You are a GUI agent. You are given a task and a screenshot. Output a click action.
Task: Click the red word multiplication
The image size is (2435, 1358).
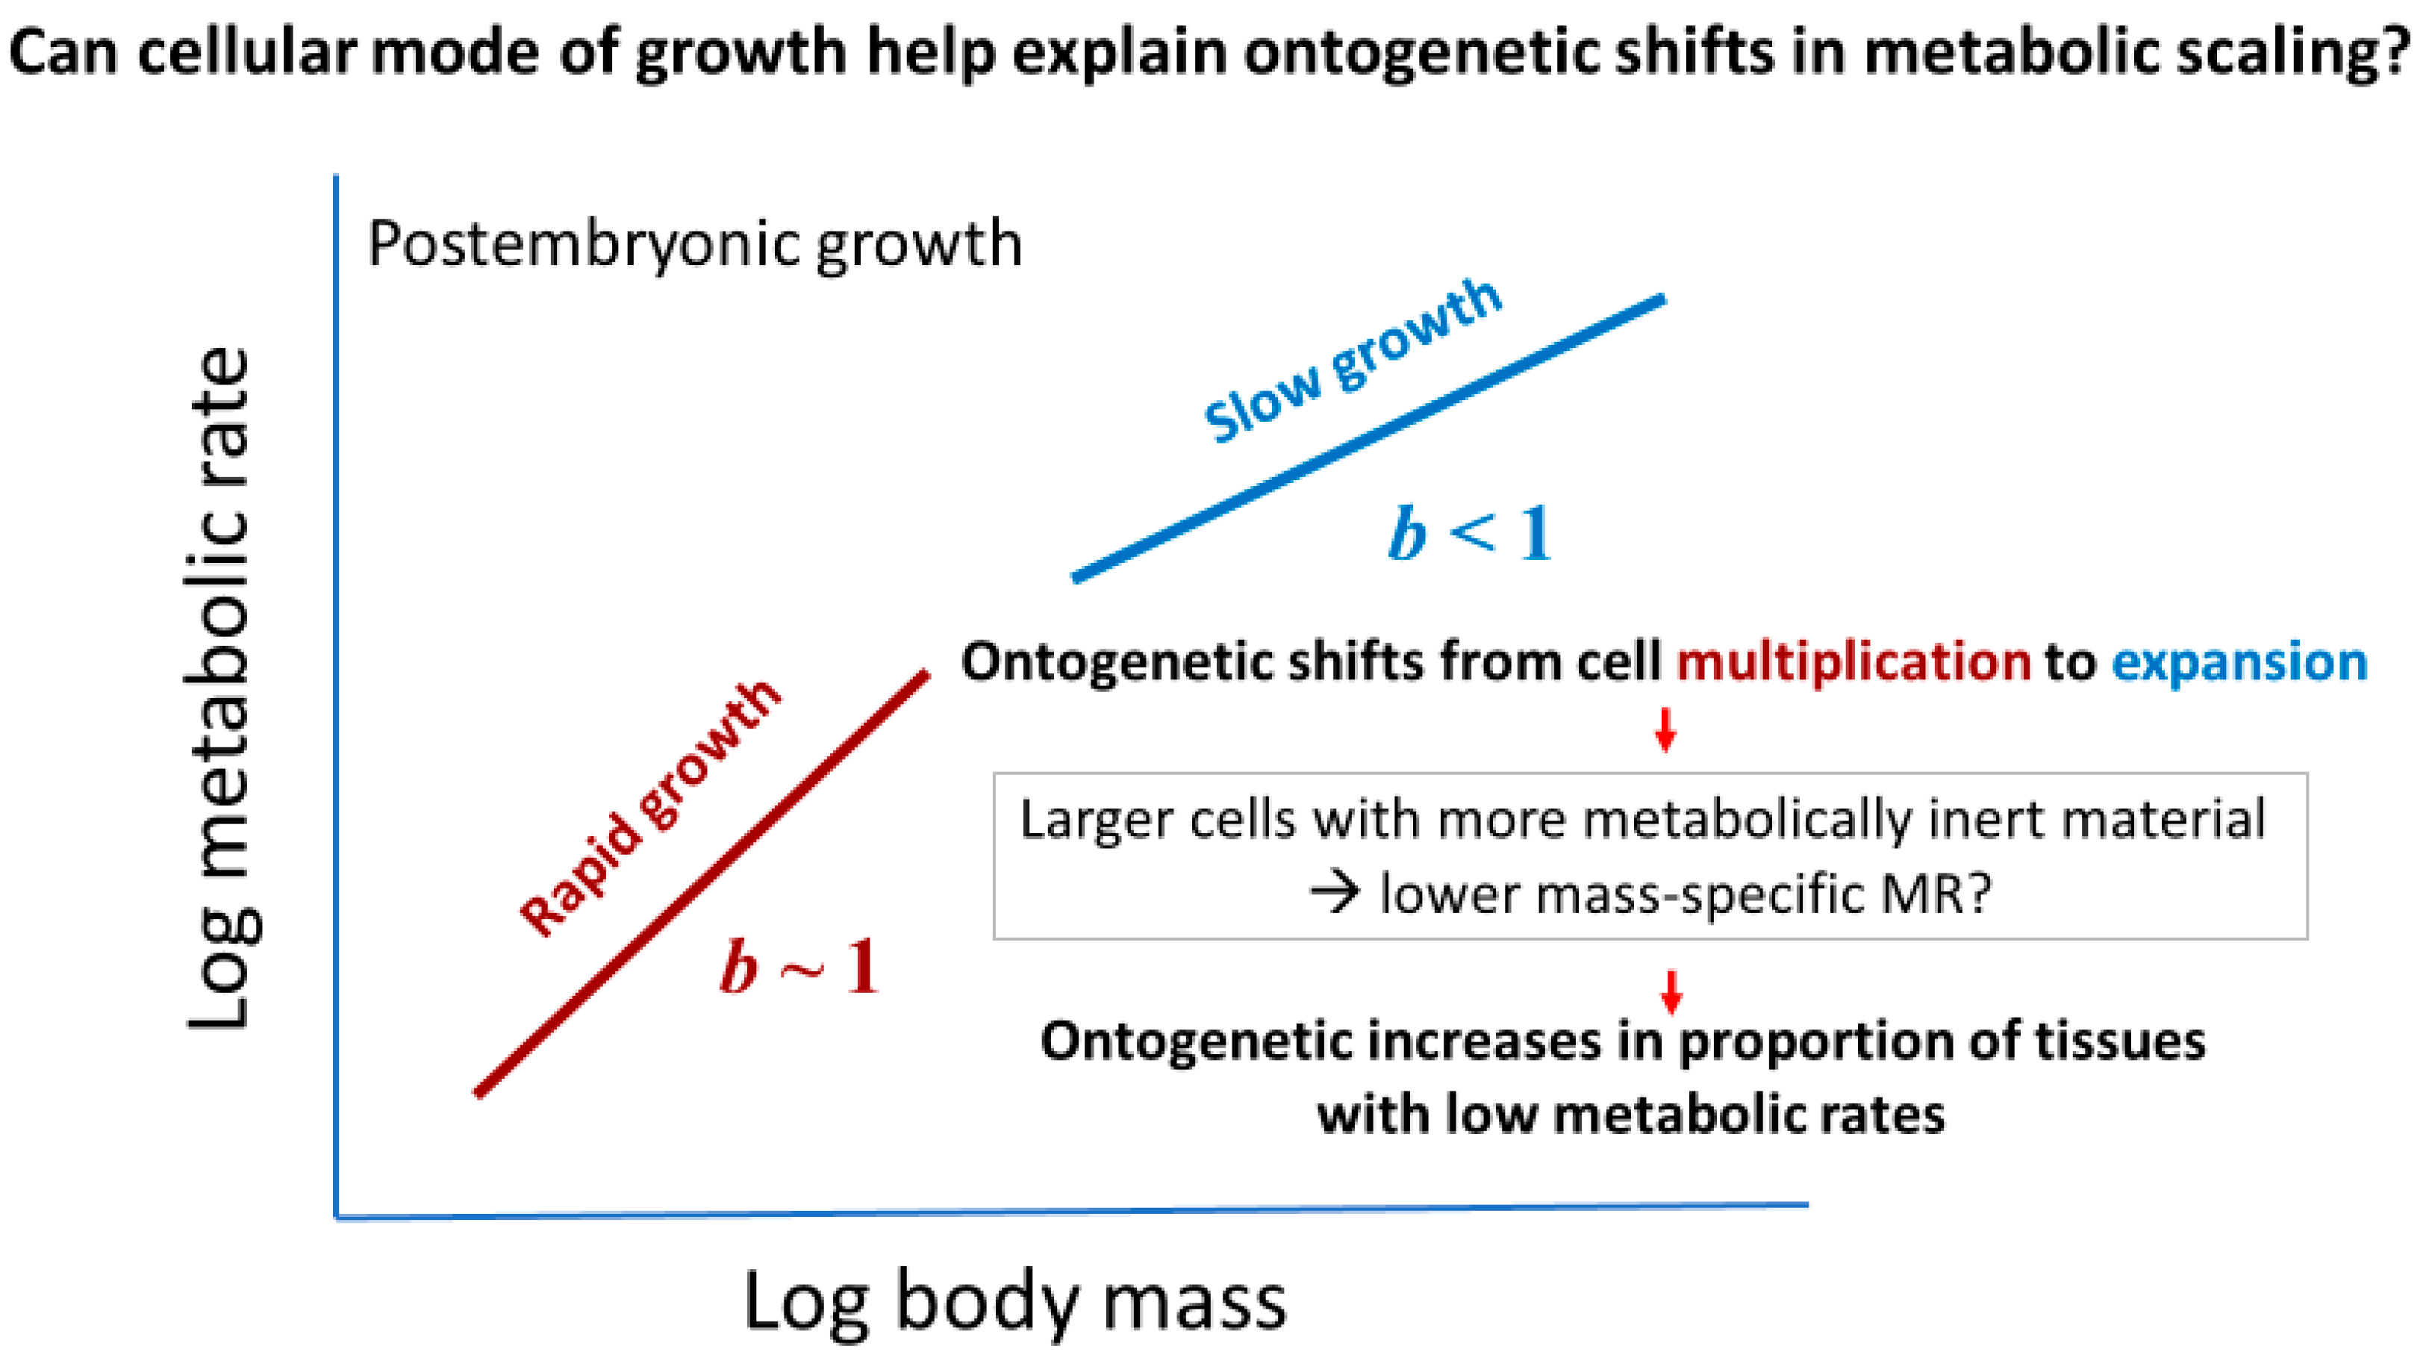pos(1853,662)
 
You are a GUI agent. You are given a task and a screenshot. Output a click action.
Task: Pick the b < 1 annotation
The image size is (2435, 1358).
pos(1469,535)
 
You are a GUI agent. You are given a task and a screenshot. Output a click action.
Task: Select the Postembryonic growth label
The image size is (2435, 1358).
pos(695,244)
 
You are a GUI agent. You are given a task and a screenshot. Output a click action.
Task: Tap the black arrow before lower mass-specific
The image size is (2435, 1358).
pos(1335,893)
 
